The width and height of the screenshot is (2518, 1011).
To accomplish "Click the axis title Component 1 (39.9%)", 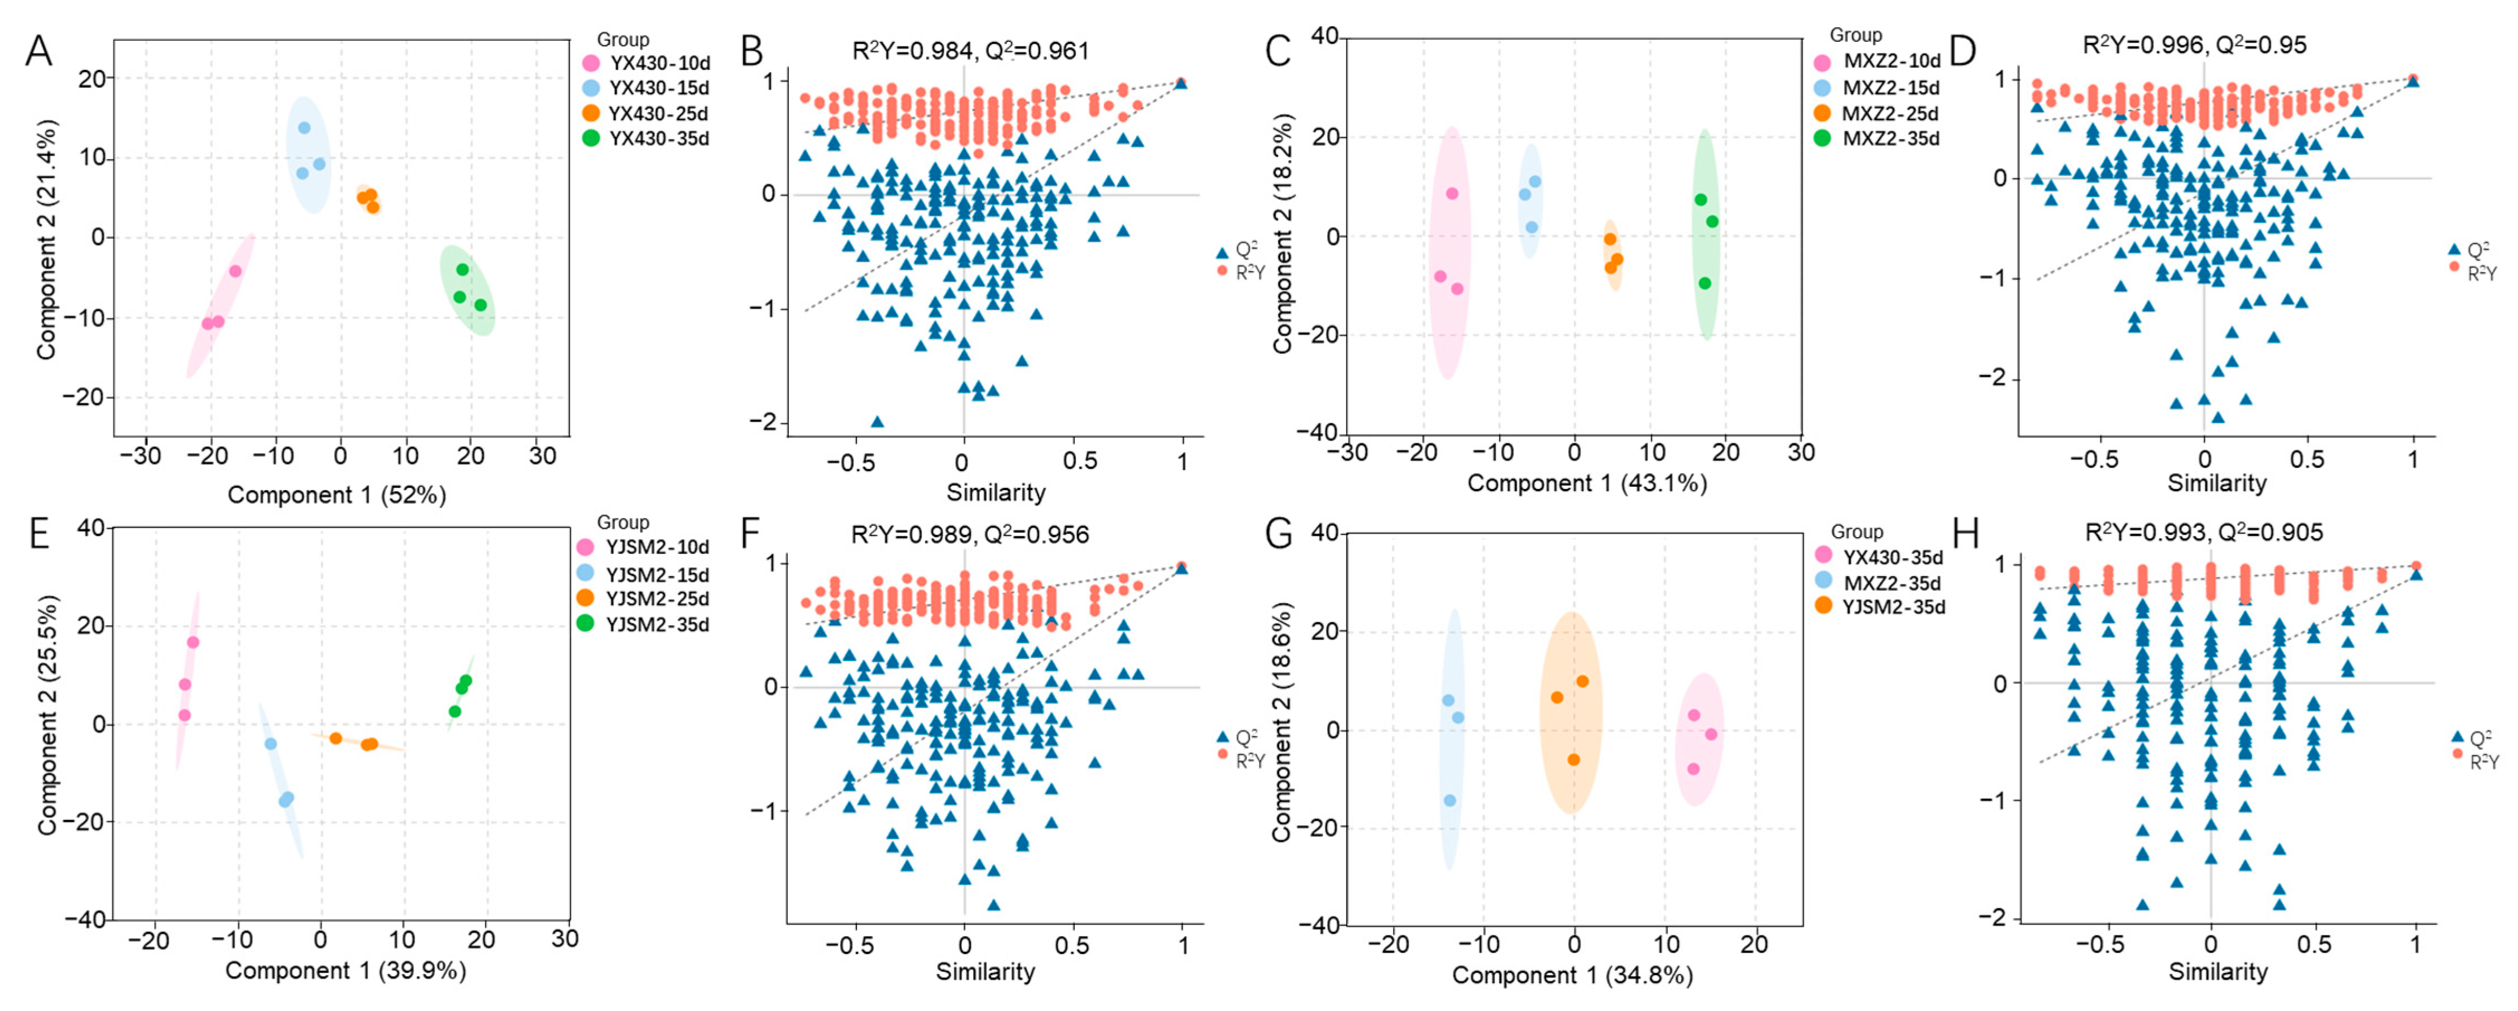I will [x=345, y=971].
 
